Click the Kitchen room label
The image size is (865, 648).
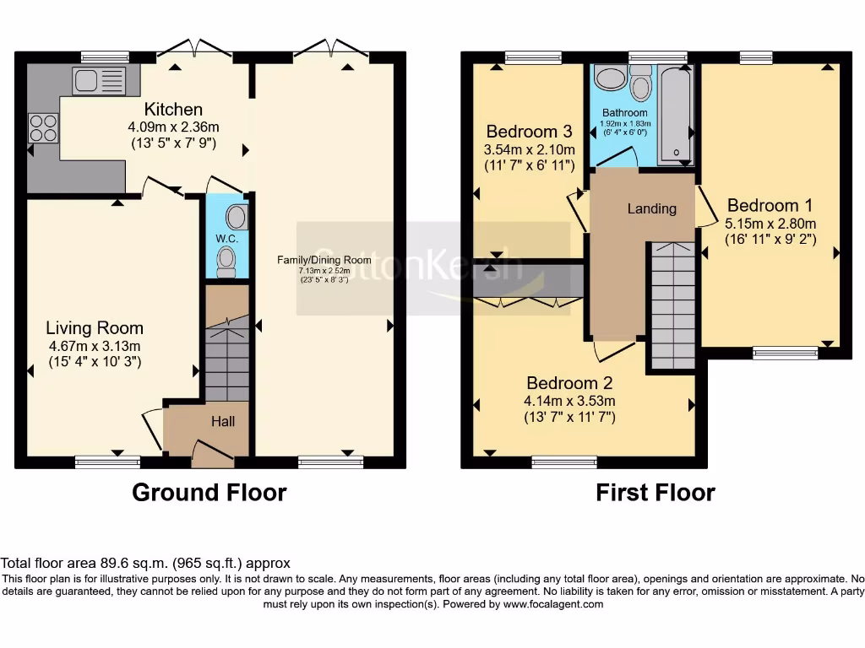(173, 109)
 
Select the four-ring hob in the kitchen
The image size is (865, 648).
(43, 128)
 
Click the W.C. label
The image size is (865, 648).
(226, 239)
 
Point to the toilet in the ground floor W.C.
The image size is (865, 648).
(226, 262)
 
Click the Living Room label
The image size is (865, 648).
(95, 328)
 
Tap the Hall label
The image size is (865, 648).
(223, 422)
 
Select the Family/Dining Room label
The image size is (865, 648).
(324, 260)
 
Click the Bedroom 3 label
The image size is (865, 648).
(529, 132)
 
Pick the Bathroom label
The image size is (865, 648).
(625, 112)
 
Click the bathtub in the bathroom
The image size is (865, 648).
(676, 115)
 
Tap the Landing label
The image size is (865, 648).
(651, 208)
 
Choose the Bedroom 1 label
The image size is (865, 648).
(770, 206)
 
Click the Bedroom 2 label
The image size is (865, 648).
(569, 383)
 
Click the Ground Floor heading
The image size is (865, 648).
(209, 492)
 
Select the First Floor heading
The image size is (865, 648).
(656, 492)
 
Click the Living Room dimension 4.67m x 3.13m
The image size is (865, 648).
(95, 346)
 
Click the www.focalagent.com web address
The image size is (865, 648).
(553, 604)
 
